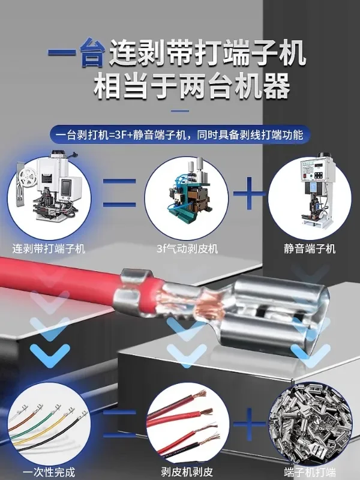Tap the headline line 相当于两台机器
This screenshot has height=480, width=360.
click(x=192, y=88)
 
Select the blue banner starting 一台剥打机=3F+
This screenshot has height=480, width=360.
click(x=180, y=134)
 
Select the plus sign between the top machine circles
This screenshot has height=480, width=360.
click(x=248, y=193)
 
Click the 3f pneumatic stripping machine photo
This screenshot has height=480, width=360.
click(x=179, y=193)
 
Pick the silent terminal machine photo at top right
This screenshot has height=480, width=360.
click(x=310, y=191)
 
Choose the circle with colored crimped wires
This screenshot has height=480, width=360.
click(x=49, y=420)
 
